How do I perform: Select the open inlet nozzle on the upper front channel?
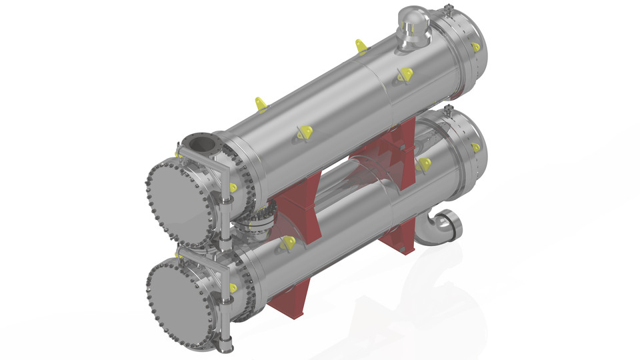click(x=199, y=143)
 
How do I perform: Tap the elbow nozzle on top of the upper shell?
click(x=413, y=27)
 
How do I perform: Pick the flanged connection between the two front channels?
click(x=256, y=225)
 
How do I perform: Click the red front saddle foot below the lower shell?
click(x=293, y=299)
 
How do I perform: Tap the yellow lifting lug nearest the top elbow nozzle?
click(x=361, y=47)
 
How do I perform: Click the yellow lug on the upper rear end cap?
click(x=475, y=47)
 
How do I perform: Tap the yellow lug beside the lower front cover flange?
click(x=233, y=287)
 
